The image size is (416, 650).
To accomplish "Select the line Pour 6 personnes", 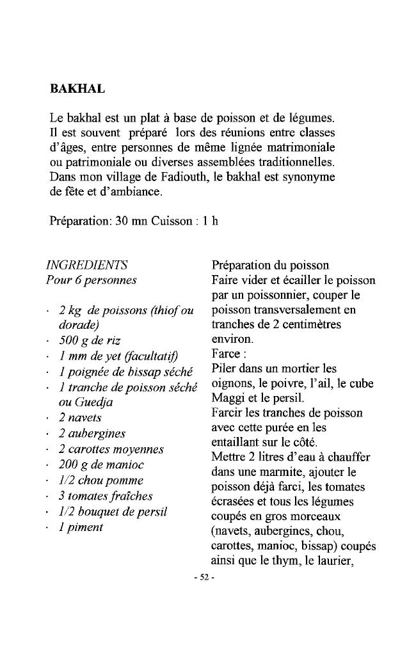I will (x=92, y=280).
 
